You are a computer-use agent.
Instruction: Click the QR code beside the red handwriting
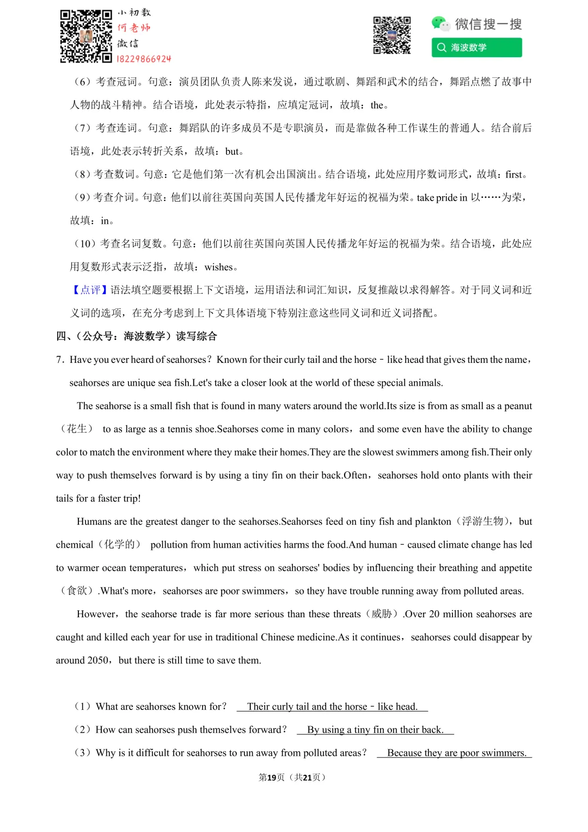[x=85, y=36]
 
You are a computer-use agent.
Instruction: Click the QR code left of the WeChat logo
[x=391, y=35]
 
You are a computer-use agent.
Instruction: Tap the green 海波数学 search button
[x=476, y=47]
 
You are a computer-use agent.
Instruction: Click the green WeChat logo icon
[x=440, y=23]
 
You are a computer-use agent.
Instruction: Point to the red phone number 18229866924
[x=144, y=59]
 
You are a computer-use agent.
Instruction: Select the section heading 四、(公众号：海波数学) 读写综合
[x=137, y=336]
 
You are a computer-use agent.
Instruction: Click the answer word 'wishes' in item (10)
[x=218, y=267]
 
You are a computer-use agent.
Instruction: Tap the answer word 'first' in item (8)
[x=513, y=174]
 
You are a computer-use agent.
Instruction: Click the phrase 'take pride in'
[x=442, y=198]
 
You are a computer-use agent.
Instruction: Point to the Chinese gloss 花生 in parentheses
[x=77, y=429]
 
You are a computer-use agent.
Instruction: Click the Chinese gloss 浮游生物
[x=482, y=521]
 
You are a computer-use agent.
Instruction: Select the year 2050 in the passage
[x=97, y=660]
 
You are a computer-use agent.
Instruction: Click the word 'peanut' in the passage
[x=518, y=406]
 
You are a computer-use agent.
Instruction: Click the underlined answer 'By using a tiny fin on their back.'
[x=375, y=730]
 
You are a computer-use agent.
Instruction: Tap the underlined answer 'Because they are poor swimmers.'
[x=456, y=753]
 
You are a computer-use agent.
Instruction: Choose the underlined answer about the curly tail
[x=332, y=707]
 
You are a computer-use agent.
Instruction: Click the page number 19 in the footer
[x=272, y=778]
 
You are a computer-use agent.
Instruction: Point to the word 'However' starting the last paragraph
[x=96, y=614]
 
